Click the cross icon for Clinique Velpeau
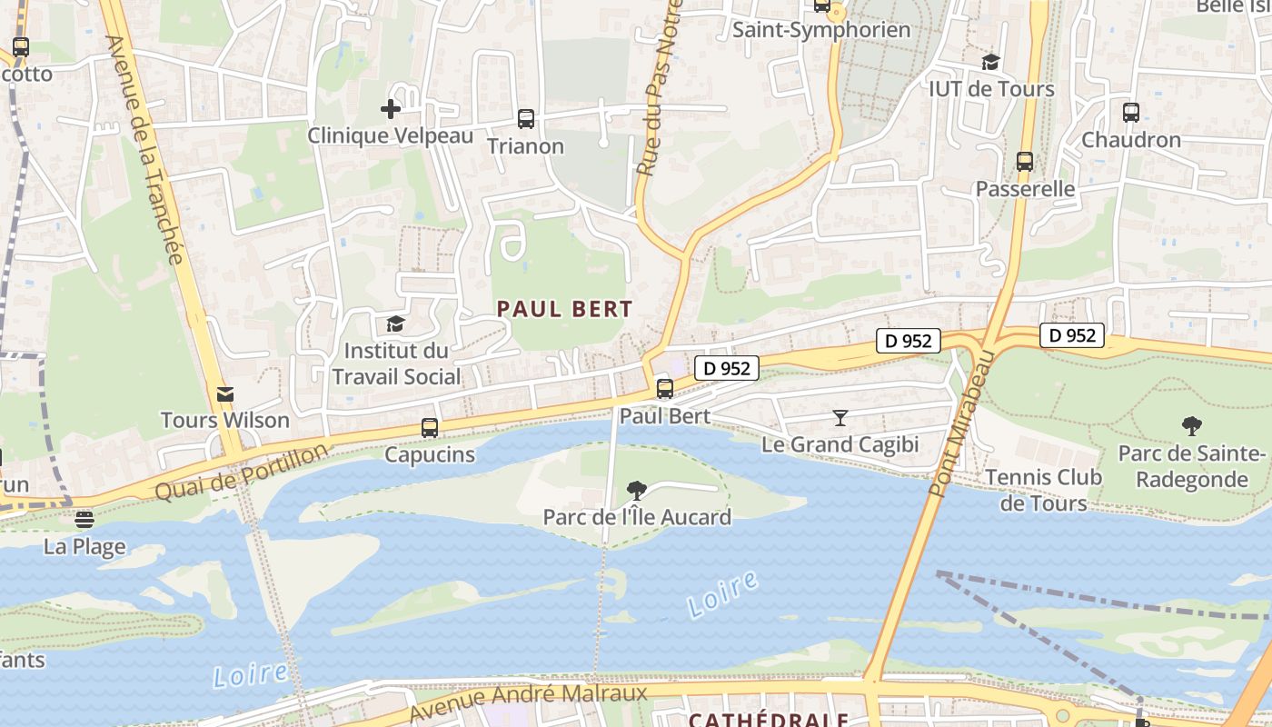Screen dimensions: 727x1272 point(391,109)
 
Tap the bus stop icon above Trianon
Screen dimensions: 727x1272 point(525,119)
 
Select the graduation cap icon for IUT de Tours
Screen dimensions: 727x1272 point(990,62)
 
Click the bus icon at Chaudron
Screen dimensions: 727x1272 point(1130,113)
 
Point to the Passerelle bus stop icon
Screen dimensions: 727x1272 point(1025,162)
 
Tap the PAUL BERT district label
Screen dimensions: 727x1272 point(564,309)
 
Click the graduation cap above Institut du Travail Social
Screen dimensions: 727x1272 point(395,324)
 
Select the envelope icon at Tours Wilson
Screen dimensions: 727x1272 point(224,393)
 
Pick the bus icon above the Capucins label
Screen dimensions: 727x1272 point(430,427)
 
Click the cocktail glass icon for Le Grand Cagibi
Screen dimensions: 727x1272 point(840,418)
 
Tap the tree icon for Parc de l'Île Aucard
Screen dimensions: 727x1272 point(637,491)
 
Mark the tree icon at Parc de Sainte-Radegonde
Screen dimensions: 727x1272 point(1191,425)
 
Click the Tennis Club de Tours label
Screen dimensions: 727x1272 point(1043,490)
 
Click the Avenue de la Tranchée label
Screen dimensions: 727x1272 point(145,150)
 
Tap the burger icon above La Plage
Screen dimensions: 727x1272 point(84,520)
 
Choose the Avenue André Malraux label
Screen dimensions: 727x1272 point(528,700)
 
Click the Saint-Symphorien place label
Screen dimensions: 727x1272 point(821,30)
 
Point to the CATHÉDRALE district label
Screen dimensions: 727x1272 point(768,720)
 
